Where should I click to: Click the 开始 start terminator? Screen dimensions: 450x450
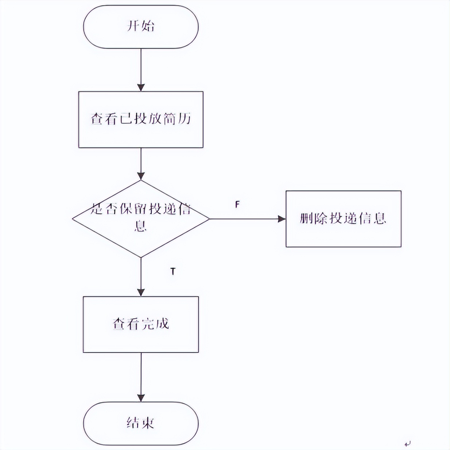pos(141,27)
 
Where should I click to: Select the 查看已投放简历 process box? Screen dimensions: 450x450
pos(141,119)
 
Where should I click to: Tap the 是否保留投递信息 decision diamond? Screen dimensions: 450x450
pos(141,219)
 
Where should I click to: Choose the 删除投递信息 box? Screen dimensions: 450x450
pos(343,219)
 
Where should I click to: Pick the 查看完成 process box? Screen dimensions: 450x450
pos(141,324)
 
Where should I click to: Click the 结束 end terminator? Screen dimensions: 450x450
pos(141,423)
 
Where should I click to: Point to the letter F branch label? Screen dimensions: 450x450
pos(237,205)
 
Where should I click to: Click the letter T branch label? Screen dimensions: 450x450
pos(173,271)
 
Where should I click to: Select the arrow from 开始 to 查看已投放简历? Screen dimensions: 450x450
pos(141,69)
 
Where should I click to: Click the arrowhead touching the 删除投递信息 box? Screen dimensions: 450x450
pos(282,219)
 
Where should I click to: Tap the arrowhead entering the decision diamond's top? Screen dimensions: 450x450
pos(141,176)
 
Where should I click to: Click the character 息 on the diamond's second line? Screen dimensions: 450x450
pos(141,226)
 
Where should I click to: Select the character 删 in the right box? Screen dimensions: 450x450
pos(306,218)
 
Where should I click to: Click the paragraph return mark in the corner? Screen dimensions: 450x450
pos(408,443)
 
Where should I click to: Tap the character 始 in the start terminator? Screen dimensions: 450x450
pos(148,26)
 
